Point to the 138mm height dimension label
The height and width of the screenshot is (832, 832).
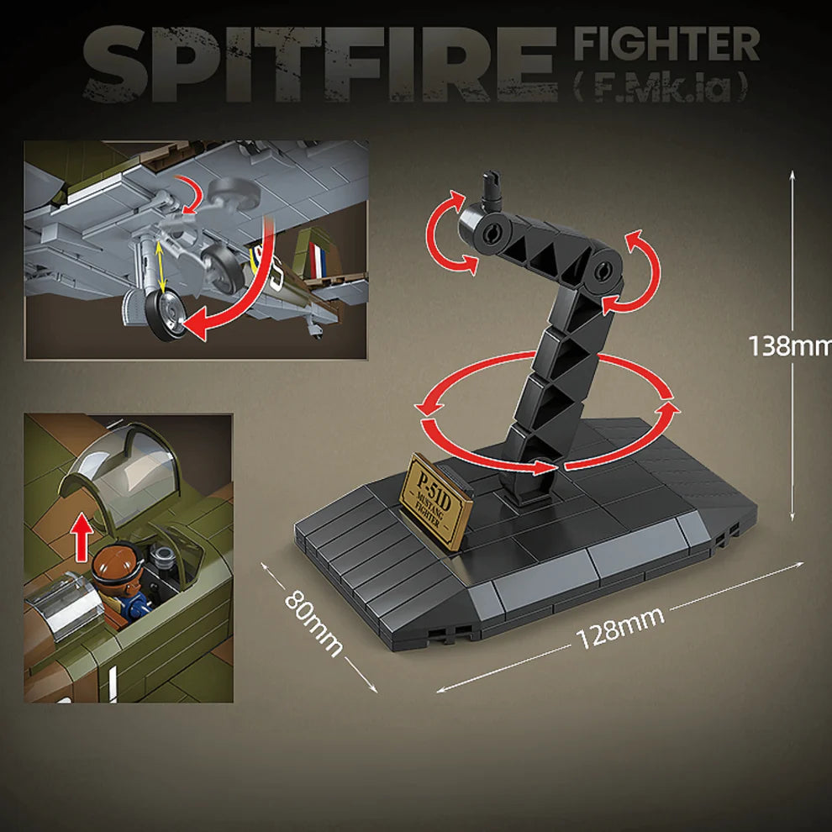(789, 345)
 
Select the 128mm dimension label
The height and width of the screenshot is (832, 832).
(620, 627)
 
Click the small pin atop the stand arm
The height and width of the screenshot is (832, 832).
(490, 187)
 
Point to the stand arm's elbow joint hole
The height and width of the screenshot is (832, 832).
(603, 271)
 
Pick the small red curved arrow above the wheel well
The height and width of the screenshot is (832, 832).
(192, 197)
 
